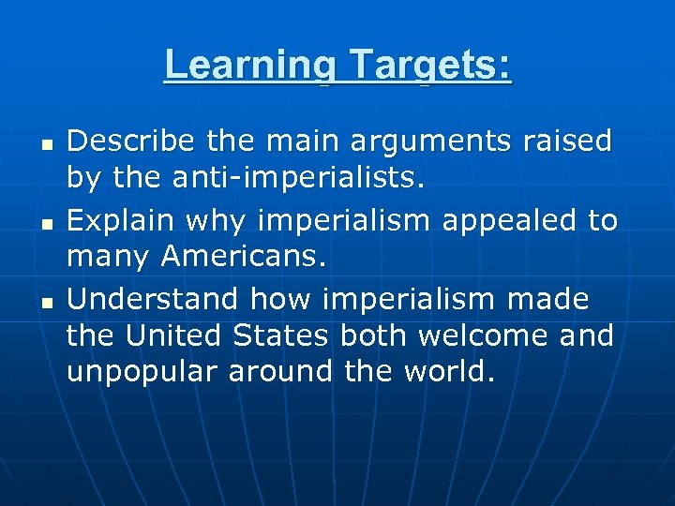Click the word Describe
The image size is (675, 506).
coord(130,142)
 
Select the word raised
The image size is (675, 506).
coord(568,142)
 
